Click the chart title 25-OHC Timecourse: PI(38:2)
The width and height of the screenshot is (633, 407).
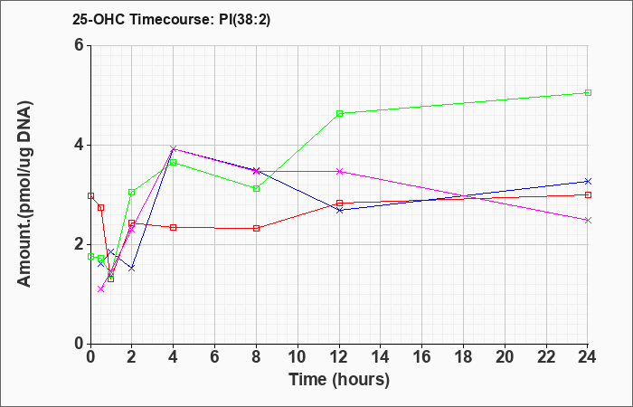tap(171, 19)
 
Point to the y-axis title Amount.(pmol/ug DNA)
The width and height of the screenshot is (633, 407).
tap(25, 194)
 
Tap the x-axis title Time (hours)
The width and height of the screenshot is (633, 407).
tap(339, 380)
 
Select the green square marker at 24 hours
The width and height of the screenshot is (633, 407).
tap(588, 93)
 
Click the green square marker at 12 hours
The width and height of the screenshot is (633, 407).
tap(339, 113)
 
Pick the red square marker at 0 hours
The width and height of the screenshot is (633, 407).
tap(90, 196)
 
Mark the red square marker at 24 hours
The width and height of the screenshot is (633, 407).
tap(588, 195)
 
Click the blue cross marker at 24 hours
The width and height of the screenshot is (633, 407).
tap(588, 181)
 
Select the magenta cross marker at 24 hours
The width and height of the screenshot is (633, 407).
tap(588, 220)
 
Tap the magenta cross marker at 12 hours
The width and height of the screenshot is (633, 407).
tap(339, 171)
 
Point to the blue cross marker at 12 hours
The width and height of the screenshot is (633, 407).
tap(339, 210)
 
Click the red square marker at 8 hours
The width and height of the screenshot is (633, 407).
tap(256, 229)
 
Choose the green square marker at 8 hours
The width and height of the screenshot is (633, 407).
tap(256, 188)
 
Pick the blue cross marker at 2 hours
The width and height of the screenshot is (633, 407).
tap(132, 268)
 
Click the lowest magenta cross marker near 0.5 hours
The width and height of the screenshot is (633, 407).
tap(101, 289)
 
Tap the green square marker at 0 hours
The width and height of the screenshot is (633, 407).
tap(90, 256)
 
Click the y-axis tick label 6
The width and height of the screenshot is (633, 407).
tap(79, 45)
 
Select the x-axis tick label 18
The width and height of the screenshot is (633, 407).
tap(463, 357)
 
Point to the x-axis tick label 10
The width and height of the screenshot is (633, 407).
tap(298, 357)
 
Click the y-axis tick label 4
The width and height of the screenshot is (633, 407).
tap(79, 145)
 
